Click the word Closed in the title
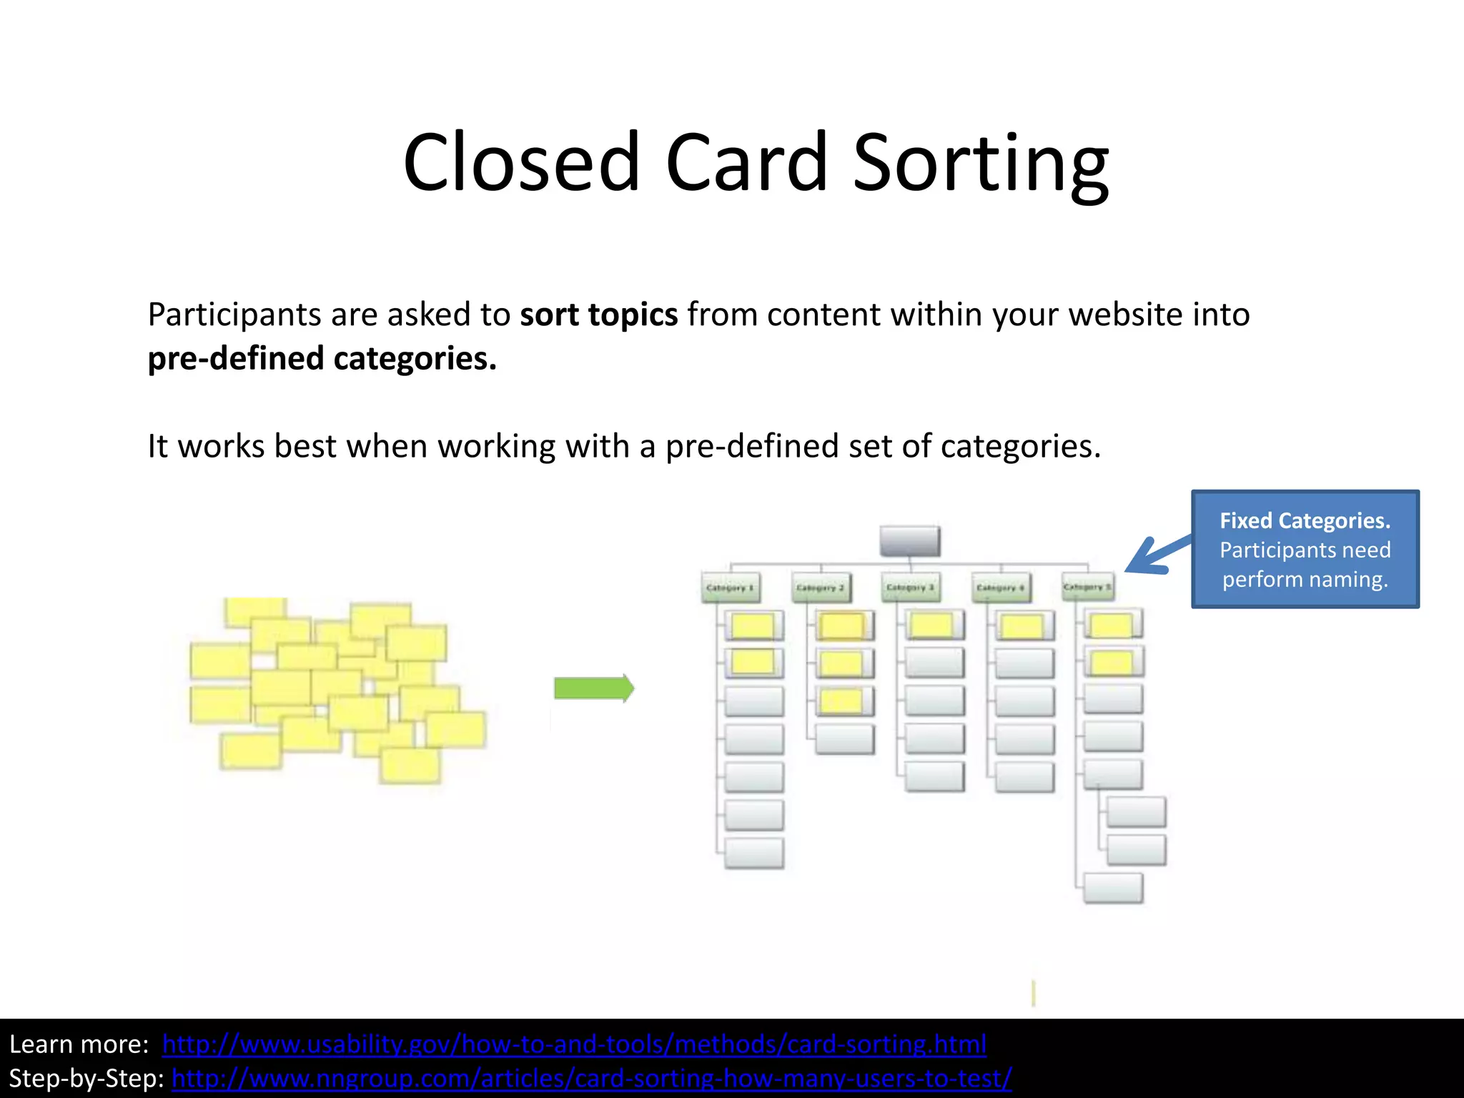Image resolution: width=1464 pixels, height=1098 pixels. pos(521,163)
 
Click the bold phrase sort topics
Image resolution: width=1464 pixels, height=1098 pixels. pos(598,315)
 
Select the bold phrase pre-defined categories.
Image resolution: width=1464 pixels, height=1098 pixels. pos(322,359)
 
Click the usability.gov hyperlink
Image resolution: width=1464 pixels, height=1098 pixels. pos(574,1044)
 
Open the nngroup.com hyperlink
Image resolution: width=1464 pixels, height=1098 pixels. pos(592,1078)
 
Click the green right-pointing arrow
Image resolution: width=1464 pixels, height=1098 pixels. pos(594,688)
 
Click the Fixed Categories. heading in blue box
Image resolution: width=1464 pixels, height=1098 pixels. pos(1305,520)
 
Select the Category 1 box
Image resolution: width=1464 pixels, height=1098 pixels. pos(730,587)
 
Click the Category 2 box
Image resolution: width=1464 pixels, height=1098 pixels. pos(821,587)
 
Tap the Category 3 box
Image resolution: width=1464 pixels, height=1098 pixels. pos(910,587)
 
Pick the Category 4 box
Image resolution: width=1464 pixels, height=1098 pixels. pos(1001,587)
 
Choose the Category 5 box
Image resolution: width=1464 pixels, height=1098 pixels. pos(1087,587)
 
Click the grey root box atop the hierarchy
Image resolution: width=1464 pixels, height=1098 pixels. pos(909,541)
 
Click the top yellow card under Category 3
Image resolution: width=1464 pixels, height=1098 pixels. pos(932,625)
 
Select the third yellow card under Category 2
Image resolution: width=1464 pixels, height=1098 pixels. pos(841,701)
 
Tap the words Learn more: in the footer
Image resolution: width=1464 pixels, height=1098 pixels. pos(79,1044)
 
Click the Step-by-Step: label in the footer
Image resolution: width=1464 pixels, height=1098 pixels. pos(86,1078)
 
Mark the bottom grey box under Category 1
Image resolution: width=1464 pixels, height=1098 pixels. pos(753,853)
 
